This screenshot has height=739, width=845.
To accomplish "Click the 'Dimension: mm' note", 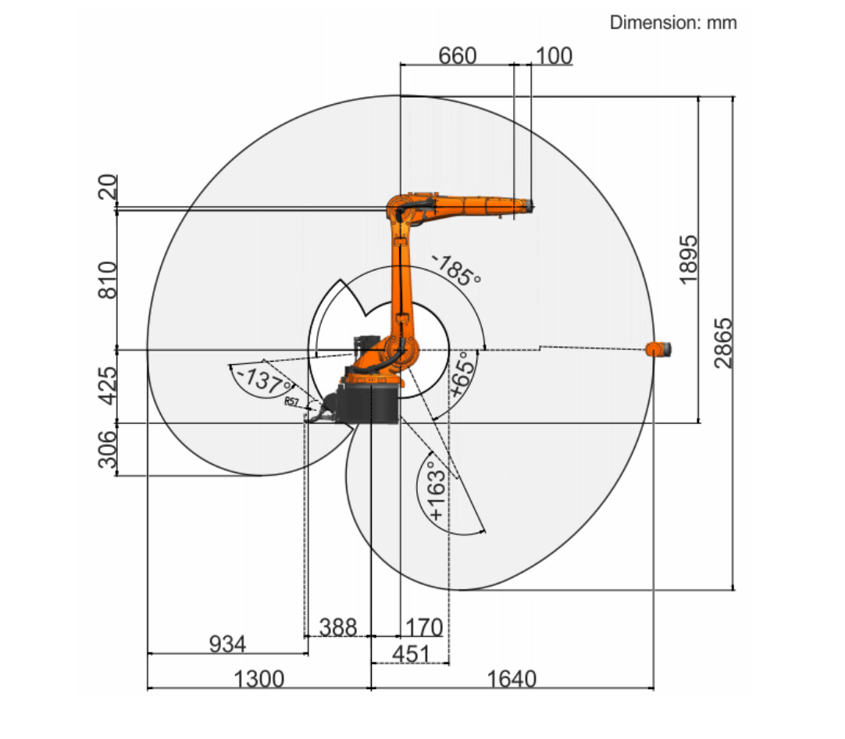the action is (673, 23).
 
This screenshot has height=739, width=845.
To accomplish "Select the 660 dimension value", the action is (458, 55).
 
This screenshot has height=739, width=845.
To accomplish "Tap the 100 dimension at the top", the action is (554, 55).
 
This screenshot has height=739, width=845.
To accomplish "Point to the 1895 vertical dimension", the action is (688, 259).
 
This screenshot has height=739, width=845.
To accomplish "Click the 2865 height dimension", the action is (724, 343).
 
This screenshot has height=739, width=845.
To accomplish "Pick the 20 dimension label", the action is (108, 187).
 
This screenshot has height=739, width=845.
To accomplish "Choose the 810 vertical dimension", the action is (108, 280).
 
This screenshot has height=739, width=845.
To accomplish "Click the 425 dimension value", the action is (108, 386).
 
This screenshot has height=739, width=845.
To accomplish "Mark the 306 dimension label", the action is (107, 449).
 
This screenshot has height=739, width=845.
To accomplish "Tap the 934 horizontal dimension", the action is (227, 644).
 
